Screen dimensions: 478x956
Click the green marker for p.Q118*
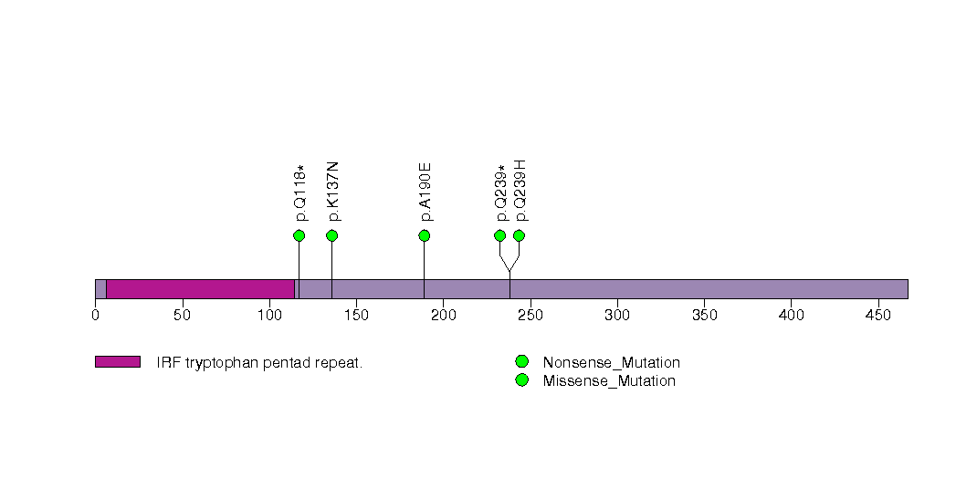pyautogui.click(x=299, y=235)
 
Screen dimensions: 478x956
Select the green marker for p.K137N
pyautogui.click(x=331, y=235)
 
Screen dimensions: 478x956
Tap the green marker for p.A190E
pyautogui.click(x=424, y=235)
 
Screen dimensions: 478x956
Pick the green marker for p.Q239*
pyautogui.click(x=499, y=235)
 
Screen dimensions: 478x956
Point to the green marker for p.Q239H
pyautogui.click(x=519, y=235)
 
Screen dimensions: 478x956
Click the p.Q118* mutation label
pyautogui.click(x=299, y=193)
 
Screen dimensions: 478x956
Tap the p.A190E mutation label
pyautogui.click(x=425, y=192)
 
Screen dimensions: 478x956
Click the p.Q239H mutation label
pyautogui.click(x=520, y=190)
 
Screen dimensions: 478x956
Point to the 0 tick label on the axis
pyautogui.click(x=96, y=316)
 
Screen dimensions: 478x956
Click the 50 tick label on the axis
pyautogui.click(x=183, y=316)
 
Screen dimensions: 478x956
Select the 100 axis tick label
pyautogui.click(x=269, y=316)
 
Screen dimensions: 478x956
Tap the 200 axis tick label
pyautogui.click(x=444, y=316)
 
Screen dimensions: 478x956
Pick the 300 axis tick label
pyautogui.click(x=617, y=316)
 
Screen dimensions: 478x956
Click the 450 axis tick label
pyautogui.click(x=878, y=316)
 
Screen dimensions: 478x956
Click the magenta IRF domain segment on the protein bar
pyautogui.click(x=200, y=288)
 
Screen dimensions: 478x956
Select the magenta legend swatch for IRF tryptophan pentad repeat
pyautogui.click(x=117, y=362)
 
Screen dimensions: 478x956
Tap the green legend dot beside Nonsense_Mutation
pyautogui.click(x=521, y=362)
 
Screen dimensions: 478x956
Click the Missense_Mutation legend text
pyautogui.click(x=609, y=380)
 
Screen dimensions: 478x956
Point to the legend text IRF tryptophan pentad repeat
pyautogui.click(x=259, y=362)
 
